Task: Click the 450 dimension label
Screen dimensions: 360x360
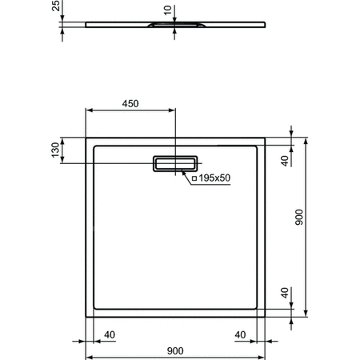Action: tap(130, 103)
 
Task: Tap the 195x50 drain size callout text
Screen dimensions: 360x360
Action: tap(215, 178)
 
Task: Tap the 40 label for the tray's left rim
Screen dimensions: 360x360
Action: tap(110, 334)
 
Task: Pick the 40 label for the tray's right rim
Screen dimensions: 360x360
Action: tap(240, 334)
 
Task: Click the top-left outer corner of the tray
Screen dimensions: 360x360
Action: tap(86, 138)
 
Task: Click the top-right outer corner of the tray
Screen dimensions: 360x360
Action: tap(265, 138)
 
